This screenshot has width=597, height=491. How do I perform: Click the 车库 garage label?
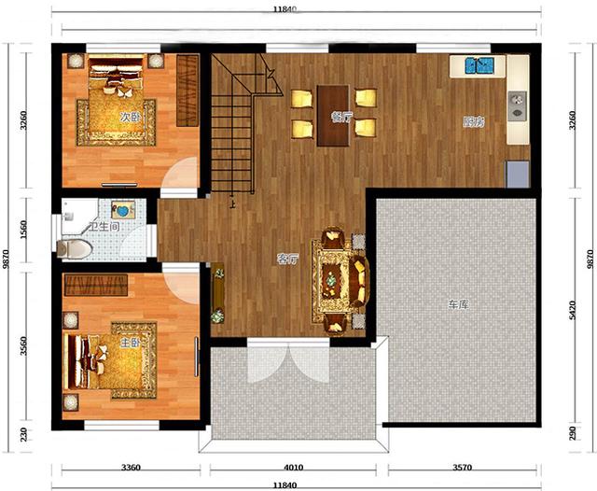[x=458, y=304]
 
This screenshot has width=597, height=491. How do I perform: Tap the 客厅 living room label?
[x=287, y=260]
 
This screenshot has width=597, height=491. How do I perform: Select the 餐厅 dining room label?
[x=342, y=117]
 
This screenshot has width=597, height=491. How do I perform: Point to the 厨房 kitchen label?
[x=474, y=122]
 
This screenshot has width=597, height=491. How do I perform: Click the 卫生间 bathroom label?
[x=104, y=227]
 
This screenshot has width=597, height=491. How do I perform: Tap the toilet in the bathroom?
[x=75, y=249]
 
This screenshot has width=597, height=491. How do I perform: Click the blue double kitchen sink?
[x=479, y=65]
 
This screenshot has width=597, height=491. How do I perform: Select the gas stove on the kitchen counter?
[x=517, y=106]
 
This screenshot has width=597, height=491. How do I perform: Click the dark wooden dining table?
[x=333, y=116]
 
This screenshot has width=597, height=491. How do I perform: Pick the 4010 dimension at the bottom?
[x=294, y=467]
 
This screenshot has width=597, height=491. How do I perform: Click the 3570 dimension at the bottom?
[x=462, y=467]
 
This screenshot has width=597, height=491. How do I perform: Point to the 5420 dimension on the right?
[x=573, y=310]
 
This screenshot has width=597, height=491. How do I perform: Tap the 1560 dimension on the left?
[x=23, y=230]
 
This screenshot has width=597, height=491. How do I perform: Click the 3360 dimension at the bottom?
[x=131, y=467]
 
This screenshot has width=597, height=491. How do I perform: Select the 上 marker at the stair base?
[x=232, y=204]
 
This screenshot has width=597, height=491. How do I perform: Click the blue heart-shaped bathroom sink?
[x=123, y=210]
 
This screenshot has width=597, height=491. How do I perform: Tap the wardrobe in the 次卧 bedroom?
[x=187, y=91]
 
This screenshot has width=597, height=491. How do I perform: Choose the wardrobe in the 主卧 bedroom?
[x=96, y=286]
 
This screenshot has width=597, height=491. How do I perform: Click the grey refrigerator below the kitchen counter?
[x=518, y=174]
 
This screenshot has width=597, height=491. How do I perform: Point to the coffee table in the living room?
[x=329, y=281]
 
